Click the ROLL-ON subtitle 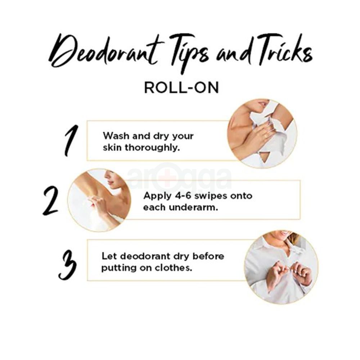point(181,87)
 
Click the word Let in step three point(109,256)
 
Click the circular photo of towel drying point(262,133)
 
